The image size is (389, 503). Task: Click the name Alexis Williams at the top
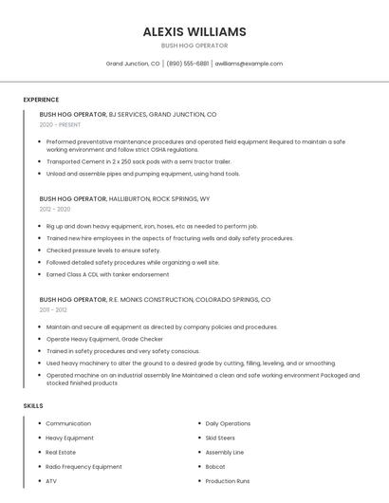coord(194,31)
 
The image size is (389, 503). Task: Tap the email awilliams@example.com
coord(249,64)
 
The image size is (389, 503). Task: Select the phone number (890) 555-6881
coord(189,64)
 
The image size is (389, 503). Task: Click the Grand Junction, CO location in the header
coord(133,64)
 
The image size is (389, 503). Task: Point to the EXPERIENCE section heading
coord(41,100)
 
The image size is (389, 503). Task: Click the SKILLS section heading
coord(33,405)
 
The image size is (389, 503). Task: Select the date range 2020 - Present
coord(60,124)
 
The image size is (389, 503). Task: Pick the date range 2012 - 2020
coord(55,209)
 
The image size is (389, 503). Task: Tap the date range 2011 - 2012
coord(53,309)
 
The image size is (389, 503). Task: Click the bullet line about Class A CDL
coord(107,274)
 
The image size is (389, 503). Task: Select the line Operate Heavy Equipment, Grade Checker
coord(104,339)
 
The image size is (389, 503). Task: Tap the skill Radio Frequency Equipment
coord(83,467)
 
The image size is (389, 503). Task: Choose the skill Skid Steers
coord(220,438)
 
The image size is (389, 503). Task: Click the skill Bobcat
coord(215,467)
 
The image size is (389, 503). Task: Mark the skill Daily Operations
coord(228,424)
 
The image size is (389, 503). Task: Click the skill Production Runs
coord(228,481)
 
